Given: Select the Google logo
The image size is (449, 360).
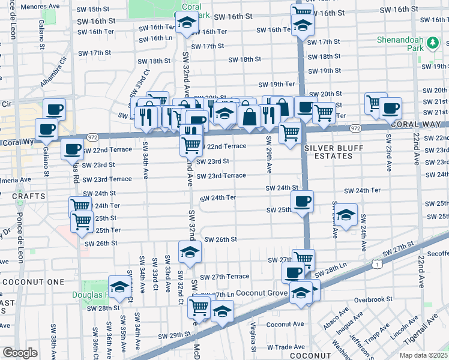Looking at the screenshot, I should pos(20,353).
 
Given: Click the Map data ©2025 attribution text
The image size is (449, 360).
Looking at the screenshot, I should pos(423,355).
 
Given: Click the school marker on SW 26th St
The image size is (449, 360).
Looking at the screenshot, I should pos(190,253).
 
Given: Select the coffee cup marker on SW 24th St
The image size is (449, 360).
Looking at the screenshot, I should pos(302,203).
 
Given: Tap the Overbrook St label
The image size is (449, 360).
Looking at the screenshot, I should pos(373,299).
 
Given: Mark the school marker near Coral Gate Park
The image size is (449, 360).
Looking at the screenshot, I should pos(187,25).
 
